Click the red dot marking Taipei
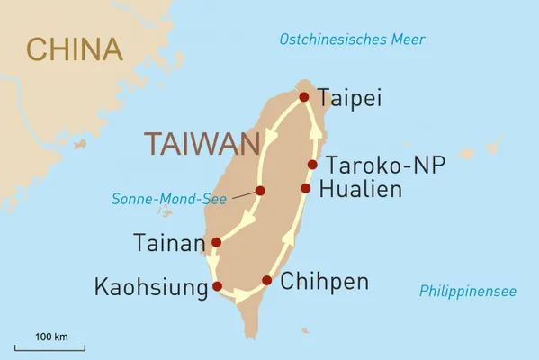click(x=304, y=97)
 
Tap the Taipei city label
click(x=352, y=97)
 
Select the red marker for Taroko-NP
click(x=312, y=165)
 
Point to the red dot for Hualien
click(x=306, y=188)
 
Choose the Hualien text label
click(x=370, y=189)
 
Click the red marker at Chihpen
click(x=266, y=281)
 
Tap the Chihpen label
click(x=324, y=282)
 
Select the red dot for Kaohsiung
click(x=217, y=286)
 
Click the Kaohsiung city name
click(x=151, y=287)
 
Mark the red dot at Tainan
click(x=215, y=242)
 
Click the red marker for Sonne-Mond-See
click(x=260, y=191)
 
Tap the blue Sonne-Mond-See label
click(x=168, y=199)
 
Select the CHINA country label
click(x=74, y=49)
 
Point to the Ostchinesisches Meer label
click(x=352, y=40)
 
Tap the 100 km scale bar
click(x=51, y=346)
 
